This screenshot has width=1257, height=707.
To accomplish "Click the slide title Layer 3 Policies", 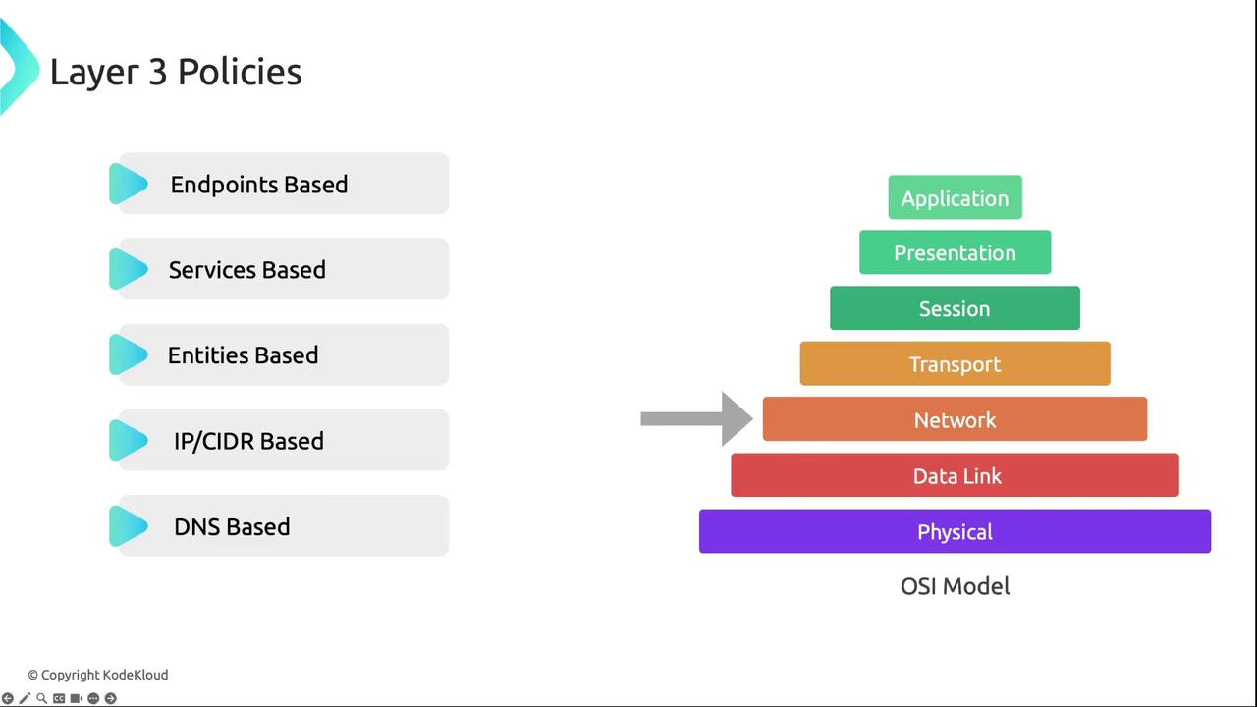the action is (x=176, y=73).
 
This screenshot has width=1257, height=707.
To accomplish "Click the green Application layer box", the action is (x=956, y=197).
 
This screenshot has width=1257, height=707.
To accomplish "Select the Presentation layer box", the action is (x=956, y=252).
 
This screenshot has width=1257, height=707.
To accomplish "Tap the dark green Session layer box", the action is (x=956, y=308).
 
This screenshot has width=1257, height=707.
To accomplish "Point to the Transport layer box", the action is (x=956, y=363).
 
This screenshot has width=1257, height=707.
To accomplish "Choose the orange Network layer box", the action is (x=956, y=419).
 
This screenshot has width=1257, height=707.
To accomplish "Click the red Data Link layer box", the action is (x=956, y=475).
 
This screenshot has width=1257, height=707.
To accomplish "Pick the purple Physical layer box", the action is (x=956, y=531).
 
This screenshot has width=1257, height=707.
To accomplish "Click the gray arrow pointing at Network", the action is (x=697, y=419).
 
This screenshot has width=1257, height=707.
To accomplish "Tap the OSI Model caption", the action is (x=956, y=586).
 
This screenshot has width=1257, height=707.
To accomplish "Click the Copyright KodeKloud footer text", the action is (x=98, y=675).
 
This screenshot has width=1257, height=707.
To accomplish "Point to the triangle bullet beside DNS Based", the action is (x=129, y=525).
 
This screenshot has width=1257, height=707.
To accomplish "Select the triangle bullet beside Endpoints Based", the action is (x=129, y=184).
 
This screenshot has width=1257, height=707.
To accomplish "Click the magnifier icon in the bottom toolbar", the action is (x=41, y=698).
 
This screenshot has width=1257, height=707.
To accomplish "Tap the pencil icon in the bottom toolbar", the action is (x=25, y=698).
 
